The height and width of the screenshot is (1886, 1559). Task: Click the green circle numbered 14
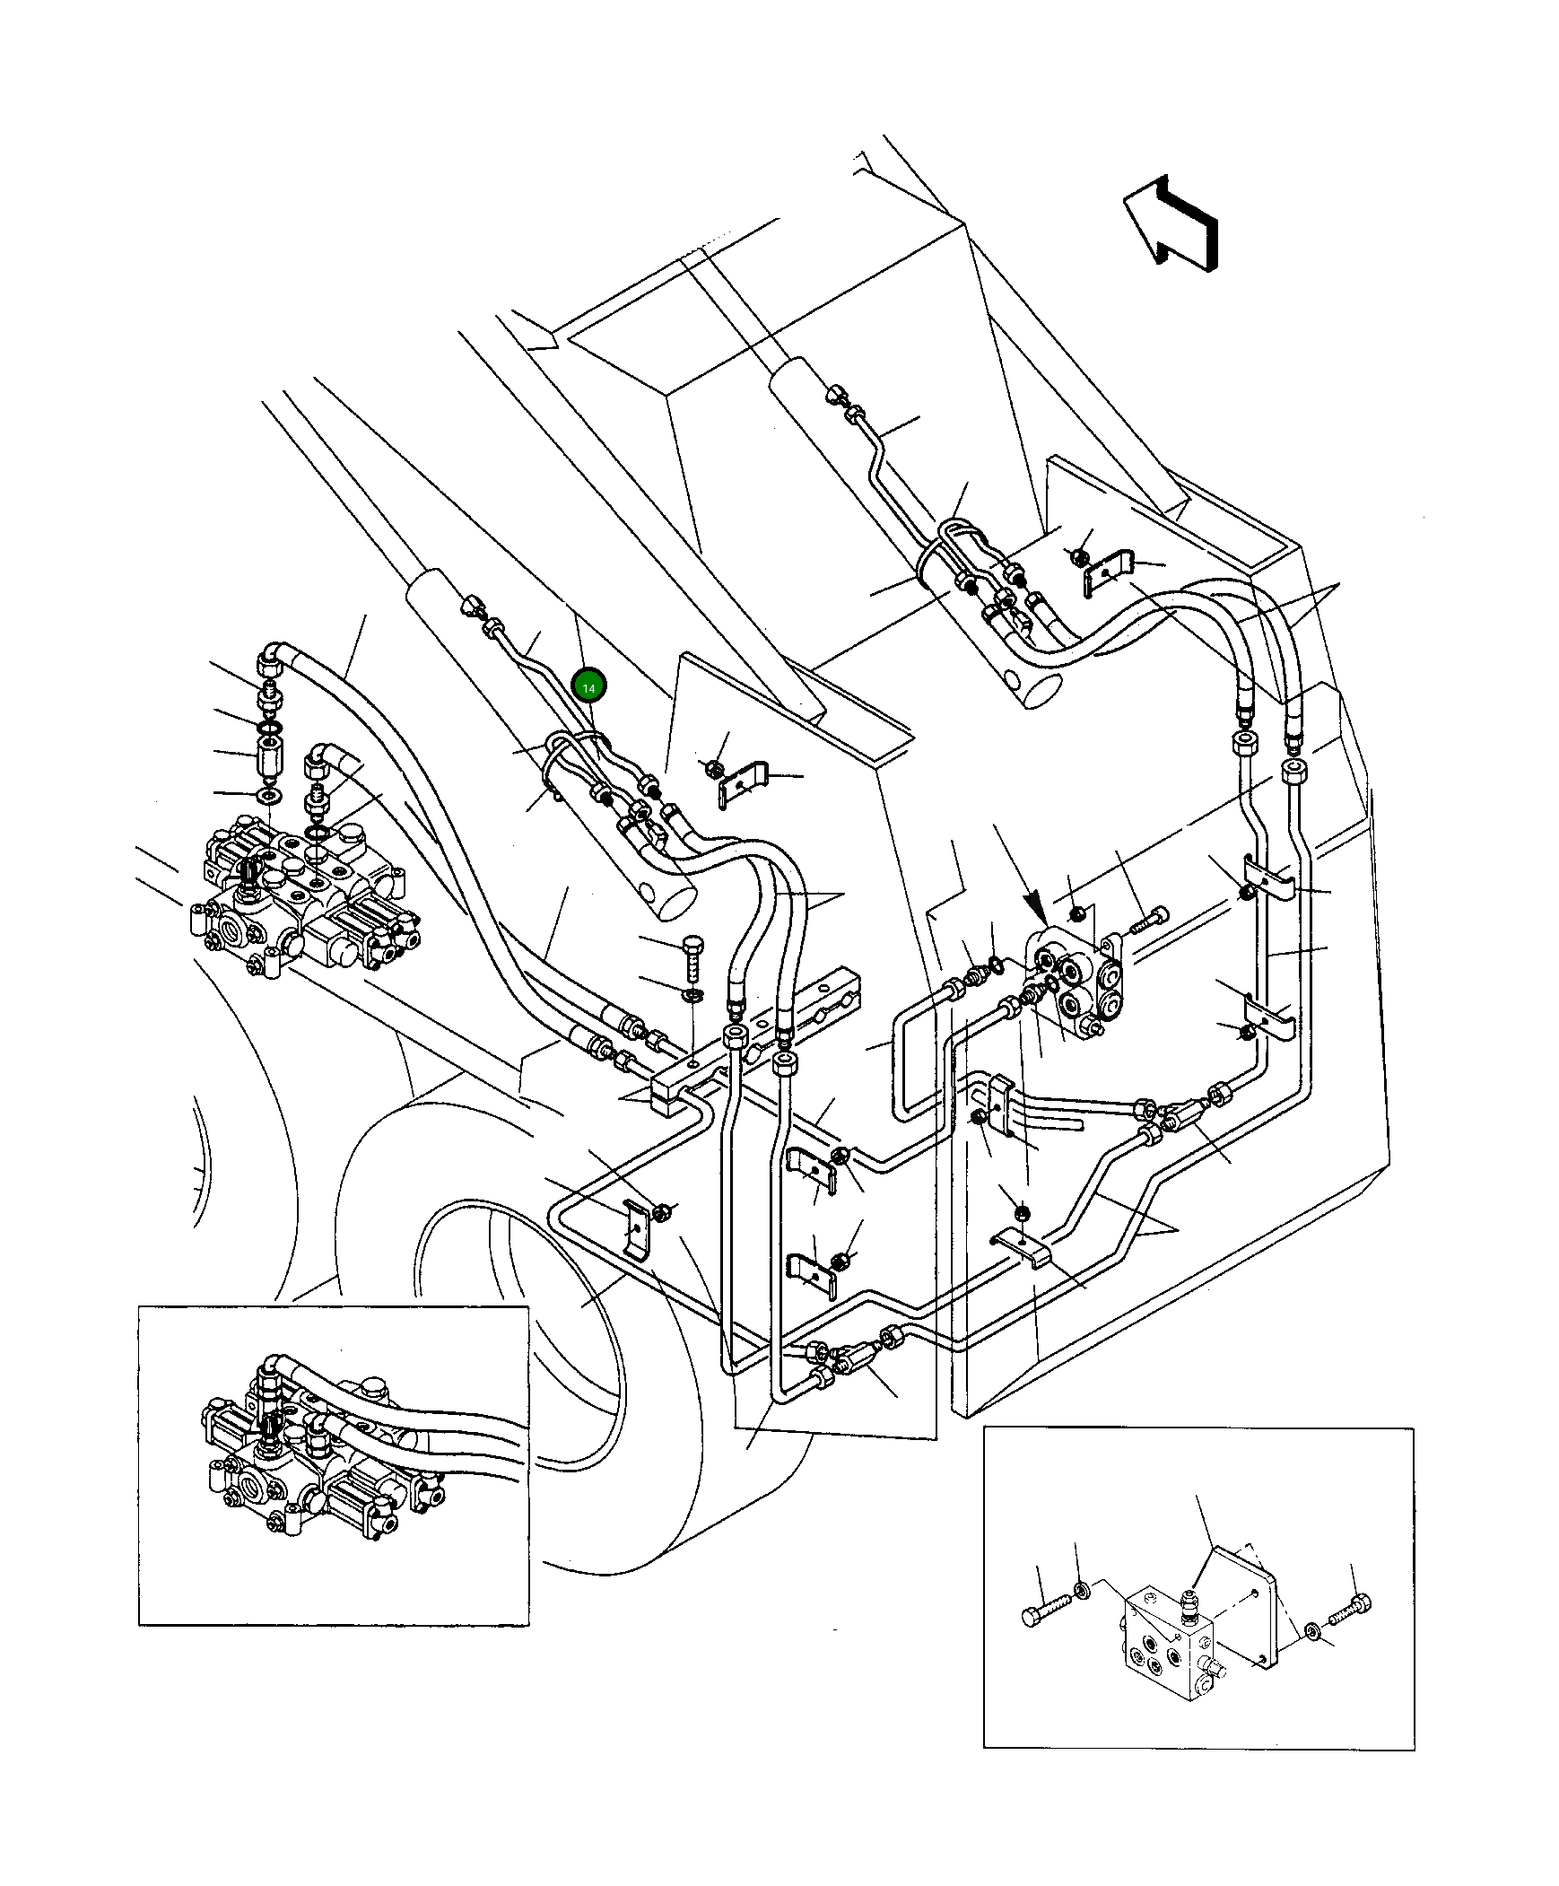[589, 687]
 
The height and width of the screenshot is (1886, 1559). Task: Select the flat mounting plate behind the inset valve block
[1249, 1607]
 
